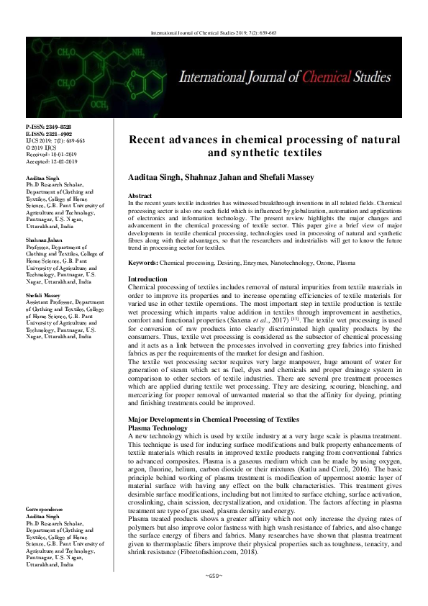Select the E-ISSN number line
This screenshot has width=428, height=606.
47,134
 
